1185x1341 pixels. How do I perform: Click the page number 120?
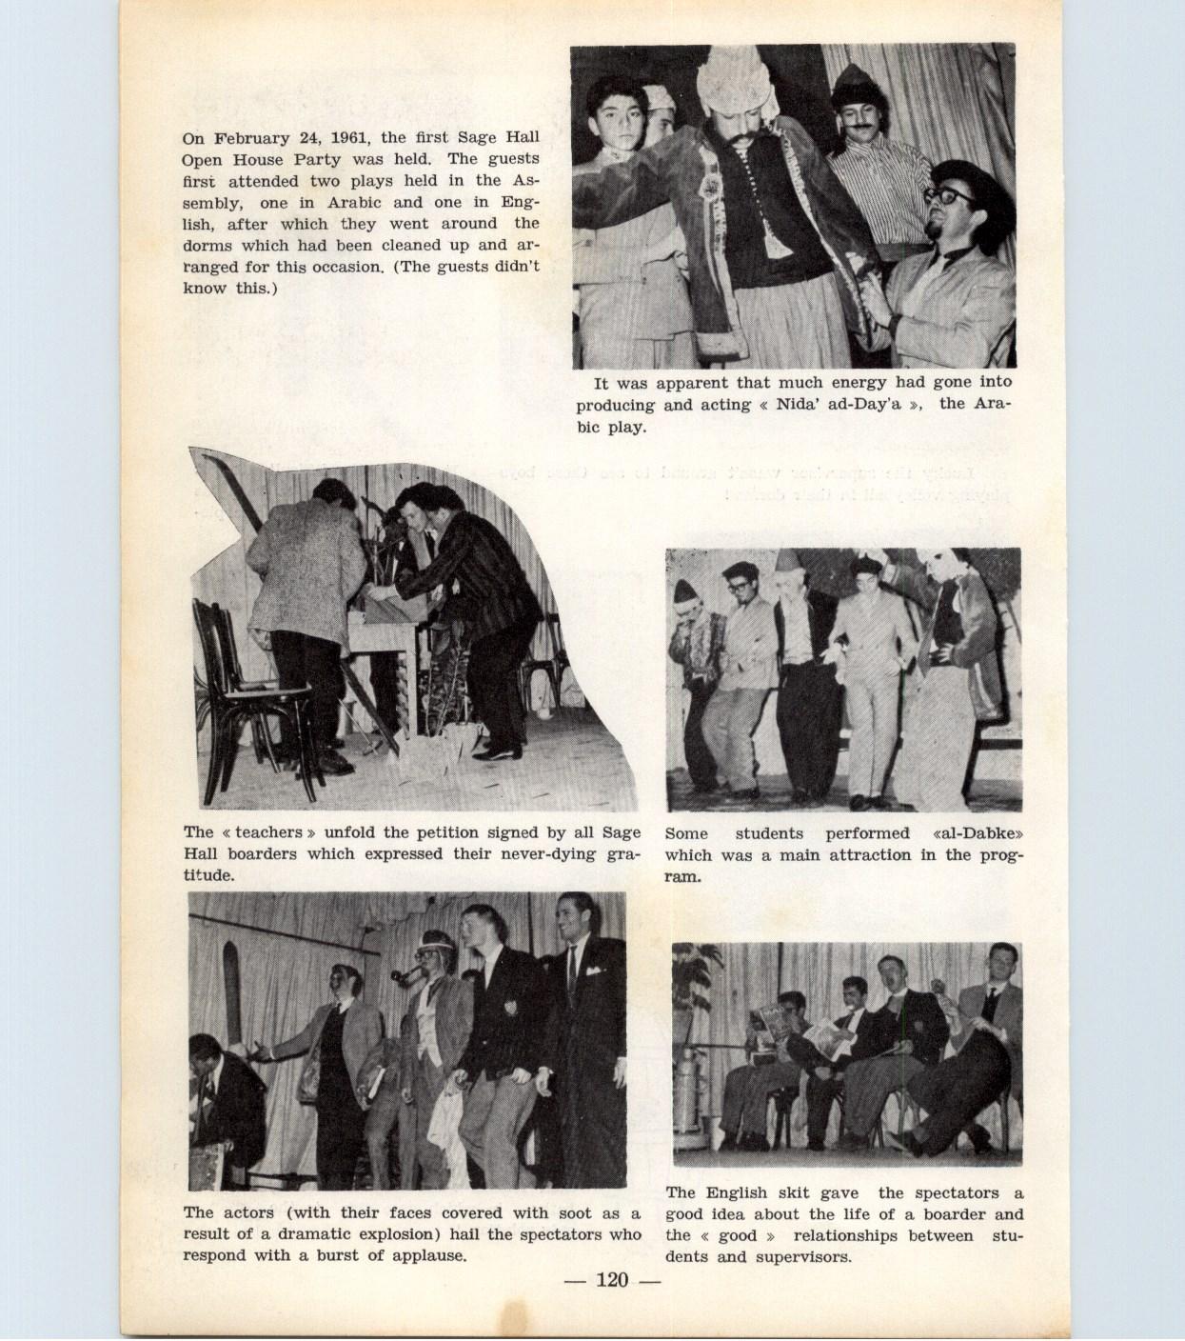click(612, 1279)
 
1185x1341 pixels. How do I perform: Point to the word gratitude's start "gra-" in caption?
click(622, 853)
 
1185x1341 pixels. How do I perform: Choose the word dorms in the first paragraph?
click(211, 245)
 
